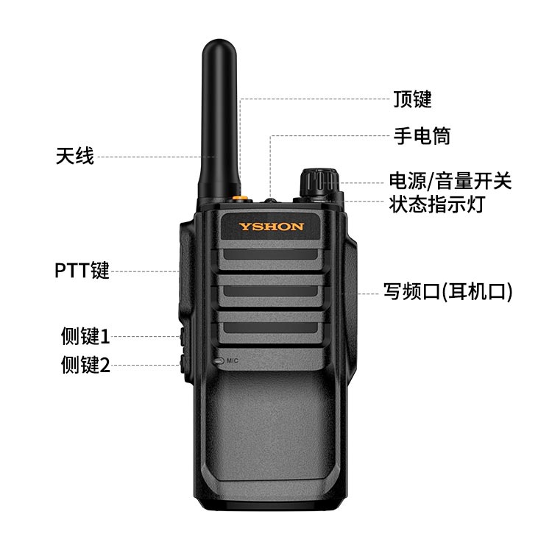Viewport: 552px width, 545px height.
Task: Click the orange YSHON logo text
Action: click(x=271, y=227)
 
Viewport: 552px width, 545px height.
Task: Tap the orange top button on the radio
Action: click(x=239, y=197)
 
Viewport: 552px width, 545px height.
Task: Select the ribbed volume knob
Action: click(x=319, y=184)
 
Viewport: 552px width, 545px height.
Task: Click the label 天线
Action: click(x=74, y=156)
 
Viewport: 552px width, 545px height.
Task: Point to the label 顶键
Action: click(x=412, y=99)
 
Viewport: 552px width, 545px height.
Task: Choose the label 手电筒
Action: click(x=422, y=136)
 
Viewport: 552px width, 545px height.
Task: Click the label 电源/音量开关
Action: click(x=450, y=181)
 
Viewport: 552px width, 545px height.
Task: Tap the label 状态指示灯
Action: click(x=437, y=204)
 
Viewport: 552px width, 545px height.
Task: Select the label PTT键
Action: click(x=82, y=271)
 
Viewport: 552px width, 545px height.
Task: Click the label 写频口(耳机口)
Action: click(x=447, y=292)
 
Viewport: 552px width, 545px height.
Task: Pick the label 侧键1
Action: click(x=85, y=336)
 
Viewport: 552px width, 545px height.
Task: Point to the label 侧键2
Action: click(x=85, y=365)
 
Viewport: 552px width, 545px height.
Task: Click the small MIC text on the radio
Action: click(x=233, y=360)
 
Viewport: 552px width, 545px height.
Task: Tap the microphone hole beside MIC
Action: click(x=219, y=361)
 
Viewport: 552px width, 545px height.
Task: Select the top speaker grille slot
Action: click(x=270, y=254)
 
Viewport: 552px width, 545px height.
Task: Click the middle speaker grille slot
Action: click(x=270, y=291)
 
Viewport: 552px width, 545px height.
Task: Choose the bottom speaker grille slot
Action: click(x=270, y=328)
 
